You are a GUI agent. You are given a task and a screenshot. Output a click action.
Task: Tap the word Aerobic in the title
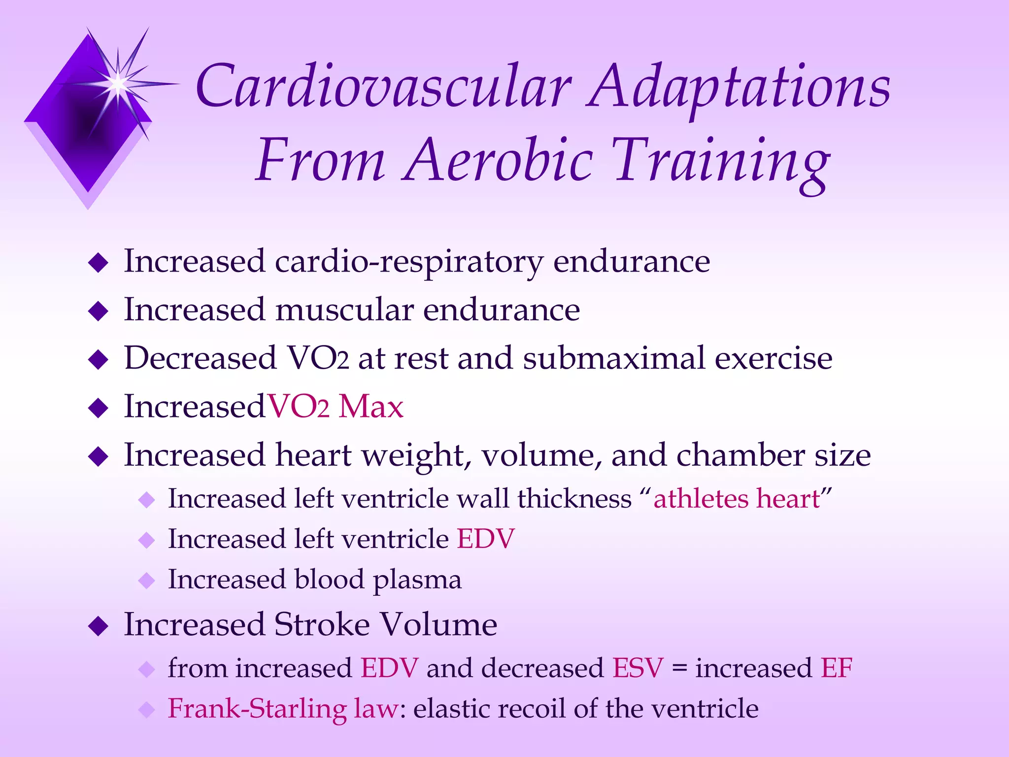(498, 161)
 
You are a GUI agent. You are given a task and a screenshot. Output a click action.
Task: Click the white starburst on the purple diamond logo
(118, 84)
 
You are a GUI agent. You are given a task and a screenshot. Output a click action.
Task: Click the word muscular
(344, 310)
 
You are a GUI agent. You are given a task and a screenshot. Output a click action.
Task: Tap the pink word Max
(371, 407)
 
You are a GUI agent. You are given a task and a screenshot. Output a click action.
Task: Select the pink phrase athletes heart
(736, 499)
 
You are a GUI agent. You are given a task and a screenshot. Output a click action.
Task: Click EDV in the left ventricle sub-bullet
(486, 539)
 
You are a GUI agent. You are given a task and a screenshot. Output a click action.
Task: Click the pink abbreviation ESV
(638, 669)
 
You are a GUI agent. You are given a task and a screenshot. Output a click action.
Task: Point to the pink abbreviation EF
(836, 669)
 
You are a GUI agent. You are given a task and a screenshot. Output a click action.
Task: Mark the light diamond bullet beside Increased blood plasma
(147, 581)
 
